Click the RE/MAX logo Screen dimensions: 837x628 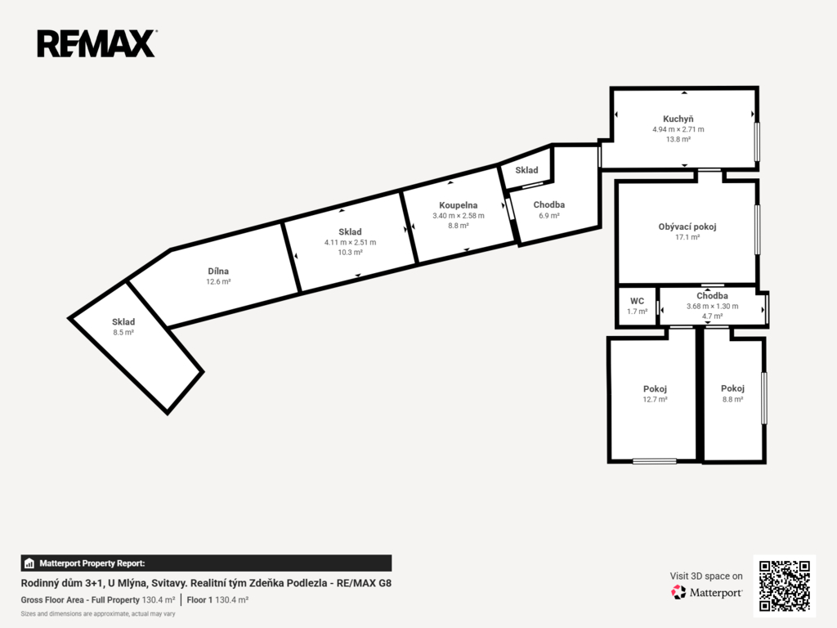96,44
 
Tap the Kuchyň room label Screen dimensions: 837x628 678,119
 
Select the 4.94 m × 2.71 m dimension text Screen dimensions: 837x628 678,129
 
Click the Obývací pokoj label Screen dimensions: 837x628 687,227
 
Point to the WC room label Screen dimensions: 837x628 637,301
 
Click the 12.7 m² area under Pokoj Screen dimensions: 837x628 655,399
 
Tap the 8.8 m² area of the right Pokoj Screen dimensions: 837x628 732,399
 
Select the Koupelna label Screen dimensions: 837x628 458,205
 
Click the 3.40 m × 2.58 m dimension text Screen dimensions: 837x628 458,216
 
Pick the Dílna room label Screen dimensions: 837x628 218,271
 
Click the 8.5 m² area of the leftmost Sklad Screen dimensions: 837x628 123,332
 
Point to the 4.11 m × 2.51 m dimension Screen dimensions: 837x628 350,242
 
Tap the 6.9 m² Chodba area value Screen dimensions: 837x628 548,216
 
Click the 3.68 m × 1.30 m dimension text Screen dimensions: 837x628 712,307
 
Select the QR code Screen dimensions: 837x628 784,585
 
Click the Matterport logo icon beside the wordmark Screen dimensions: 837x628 678,592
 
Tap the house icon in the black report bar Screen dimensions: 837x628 29,563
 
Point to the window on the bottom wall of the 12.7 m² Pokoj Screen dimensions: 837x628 655,461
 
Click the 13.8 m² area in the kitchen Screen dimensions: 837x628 678,139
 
